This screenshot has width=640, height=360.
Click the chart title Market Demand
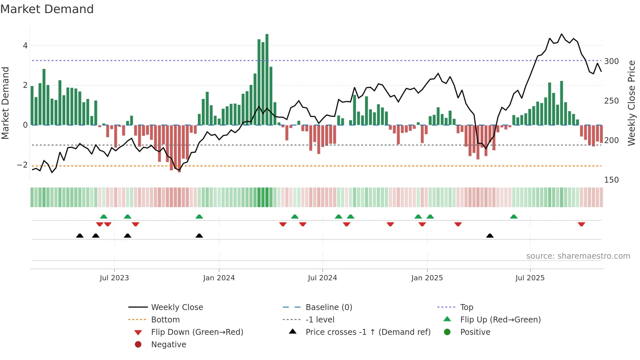[47, 9]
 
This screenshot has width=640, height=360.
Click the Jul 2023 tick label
[114, 278]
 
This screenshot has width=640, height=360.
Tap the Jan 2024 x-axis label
[219, 278]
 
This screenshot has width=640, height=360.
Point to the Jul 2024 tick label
[322, 278]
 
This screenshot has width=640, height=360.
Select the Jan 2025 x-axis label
[427, 278]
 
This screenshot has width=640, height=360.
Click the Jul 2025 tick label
[530, 278]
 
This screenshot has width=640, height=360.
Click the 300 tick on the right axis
[611, 61]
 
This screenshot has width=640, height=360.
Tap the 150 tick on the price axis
[611, 180]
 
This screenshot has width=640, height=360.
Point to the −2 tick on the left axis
[22, 165]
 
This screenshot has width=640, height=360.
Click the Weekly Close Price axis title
[632, 103]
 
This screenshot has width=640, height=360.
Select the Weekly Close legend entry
[177, 307]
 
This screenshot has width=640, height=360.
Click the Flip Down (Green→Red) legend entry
[197, 332]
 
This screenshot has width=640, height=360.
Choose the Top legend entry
[467, 307]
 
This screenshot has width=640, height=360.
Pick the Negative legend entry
[168, 345]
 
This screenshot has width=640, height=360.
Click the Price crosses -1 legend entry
[368, 332]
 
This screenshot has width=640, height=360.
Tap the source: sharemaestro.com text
[578, 256]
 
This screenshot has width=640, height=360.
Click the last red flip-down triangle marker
[581, 224]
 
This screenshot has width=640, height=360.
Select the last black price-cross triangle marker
[490, 236]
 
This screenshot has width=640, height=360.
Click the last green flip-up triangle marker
[514, 217]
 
